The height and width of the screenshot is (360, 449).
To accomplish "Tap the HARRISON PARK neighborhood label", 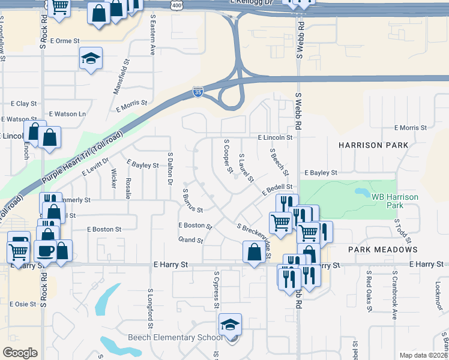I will (x=373, y=145).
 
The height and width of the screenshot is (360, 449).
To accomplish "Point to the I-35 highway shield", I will (x=198, y=92).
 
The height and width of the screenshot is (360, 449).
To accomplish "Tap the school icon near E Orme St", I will (x=90, y=59).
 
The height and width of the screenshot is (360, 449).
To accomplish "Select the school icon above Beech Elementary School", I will (x=229, y=325).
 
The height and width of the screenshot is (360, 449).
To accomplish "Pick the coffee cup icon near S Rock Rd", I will (x=46, y=250).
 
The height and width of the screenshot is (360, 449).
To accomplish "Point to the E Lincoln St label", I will (x=275, y=137).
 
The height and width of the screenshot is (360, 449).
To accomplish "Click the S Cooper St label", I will (x=228, y=157).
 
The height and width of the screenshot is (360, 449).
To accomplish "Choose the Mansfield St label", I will (x=121, y=76).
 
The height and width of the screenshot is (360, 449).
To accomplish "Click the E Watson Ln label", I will (x=67, y=113).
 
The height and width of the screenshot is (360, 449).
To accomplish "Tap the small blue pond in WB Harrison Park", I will (x=362, y=193).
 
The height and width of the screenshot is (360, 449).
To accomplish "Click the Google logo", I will (x=20, y=353).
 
